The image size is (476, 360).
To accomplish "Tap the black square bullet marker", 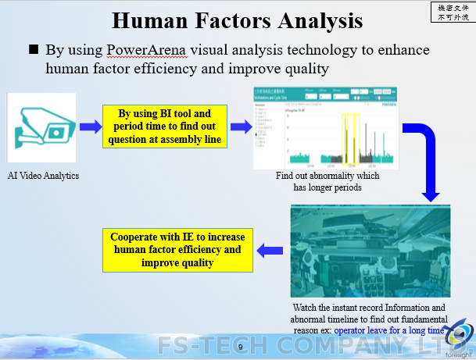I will pos(34,50).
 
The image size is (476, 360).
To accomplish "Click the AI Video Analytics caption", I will pos(43,176).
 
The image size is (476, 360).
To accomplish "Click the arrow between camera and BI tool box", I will pos(88,126).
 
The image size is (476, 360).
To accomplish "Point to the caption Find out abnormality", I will pos(327,181).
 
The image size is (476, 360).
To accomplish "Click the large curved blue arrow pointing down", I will pos(427,156).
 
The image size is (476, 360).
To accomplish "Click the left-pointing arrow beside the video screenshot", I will pos(270,250).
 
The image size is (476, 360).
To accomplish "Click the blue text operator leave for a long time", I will pos(389,330).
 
